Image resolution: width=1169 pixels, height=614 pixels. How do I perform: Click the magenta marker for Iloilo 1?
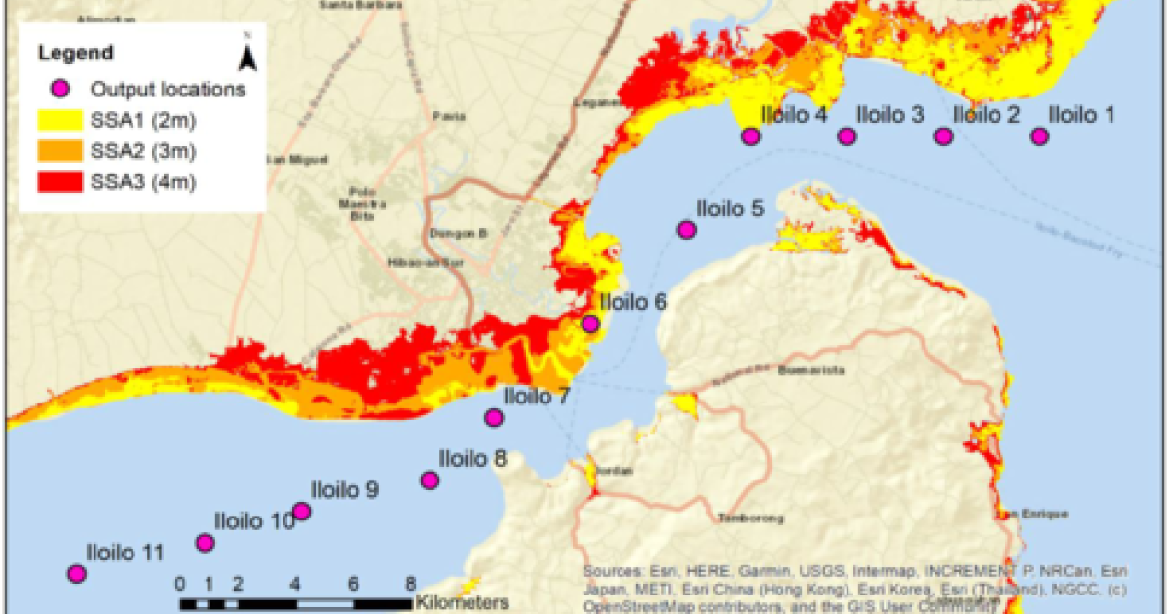pyautogui.click(x=1039, y=136)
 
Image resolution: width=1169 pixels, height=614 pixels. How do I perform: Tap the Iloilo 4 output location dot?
pyautogui.click(x=750, y=136)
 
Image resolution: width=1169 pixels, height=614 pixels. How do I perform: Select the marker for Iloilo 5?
pyautogui.click(x=686, y=230)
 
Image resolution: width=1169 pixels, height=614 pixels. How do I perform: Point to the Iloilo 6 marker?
pyautogui.click(x=590, y=324)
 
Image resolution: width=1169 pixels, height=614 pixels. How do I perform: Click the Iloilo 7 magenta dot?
pyautogui.click(x=494, y=418)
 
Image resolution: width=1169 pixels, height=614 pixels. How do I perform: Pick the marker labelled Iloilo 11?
pyautogui.click(x=76, y=574)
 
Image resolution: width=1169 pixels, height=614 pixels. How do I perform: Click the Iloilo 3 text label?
pyautogui.click(x=889, y=114)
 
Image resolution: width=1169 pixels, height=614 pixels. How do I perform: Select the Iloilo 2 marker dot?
pyautogui.click(x=943, y=136)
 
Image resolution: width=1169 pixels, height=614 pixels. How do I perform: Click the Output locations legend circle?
pyautogui.click(x=59, y=89)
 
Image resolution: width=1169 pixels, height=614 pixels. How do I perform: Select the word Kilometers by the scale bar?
pyautogui.click(x=462, y=601)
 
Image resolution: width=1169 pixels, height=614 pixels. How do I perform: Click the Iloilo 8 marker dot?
pyautogui.click(x=430, y=480)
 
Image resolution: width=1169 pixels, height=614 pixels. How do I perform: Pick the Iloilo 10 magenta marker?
pyautogui.click(x=205, y=543)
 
